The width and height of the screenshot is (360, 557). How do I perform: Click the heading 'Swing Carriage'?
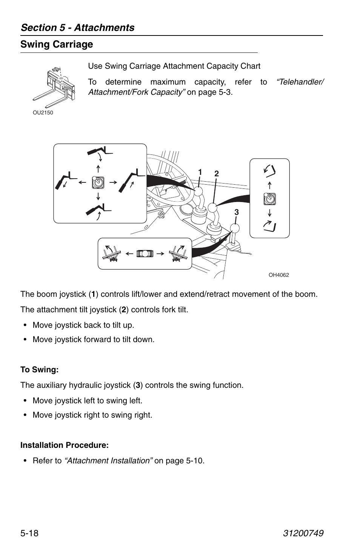click(57, 45)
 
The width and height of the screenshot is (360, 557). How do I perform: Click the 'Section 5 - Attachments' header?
click(77, 28)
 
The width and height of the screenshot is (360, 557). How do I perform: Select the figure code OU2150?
click(43, 113)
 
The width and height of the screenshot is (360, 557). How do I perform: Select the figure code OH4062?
click(278, 275)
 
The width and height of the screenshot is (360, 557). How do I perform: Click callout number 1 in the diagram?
click(200, 172)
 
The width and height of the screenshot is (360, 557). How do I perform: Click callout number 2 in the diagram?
click(217, 174)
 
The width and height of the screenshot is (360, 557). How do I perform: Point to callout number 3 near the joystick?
click(237, 212)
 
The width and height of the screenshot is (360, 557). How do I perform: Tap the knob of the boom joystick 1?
click(198, 191)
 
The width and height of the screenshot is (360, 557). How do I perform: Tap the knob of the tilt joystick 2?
click(212, 208)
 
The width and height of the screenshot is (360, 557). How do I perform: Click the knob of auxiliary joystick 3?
click(235, 228)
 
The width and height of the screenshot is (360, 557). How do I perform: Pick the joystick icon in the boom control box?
click(98, 182)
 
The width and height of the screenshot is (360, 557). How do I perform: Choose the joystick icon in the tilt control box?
click(269, 199)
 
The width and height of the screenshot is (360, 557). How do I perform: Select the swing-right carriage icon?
click(178, 253)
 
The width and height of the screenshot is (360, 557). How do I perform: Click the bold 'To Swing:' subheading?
click(40, 370)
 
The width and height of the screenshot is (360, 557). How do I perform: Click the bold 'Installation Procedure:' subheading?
click(65, 445)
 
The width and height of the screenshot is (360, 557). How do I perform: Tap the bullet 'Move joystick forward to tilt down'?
click(94, 339)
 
